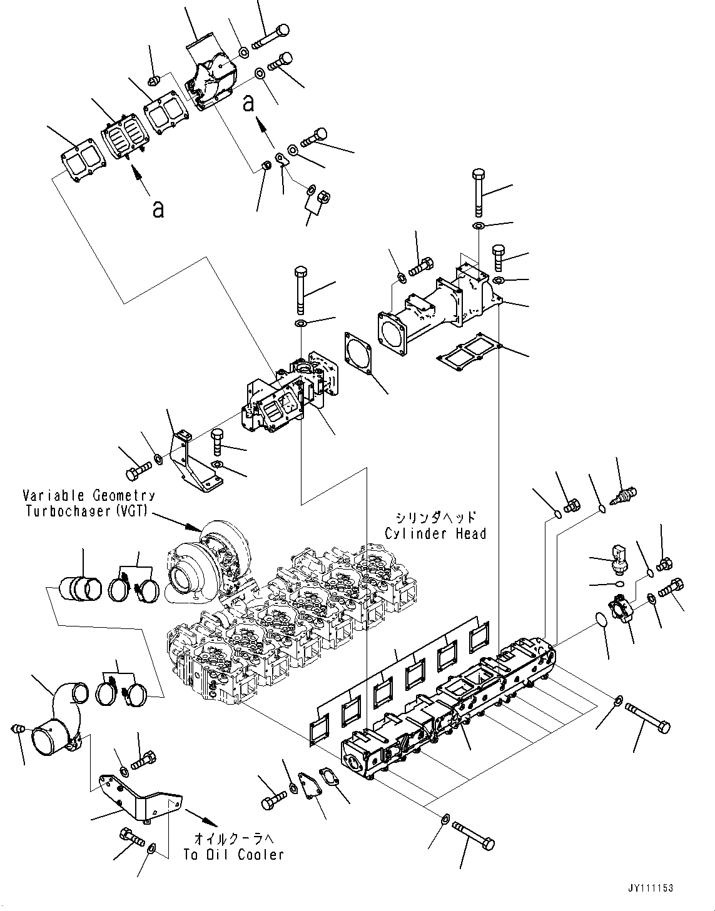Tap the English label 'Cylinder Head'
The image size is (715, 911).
point(435,533)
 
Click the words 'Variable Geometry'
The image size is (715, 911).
point(89,496)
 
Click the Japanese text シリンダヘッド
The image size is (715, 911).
point(435,518)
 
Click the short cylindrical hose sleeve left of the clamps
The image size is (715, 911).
point(79,590)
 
